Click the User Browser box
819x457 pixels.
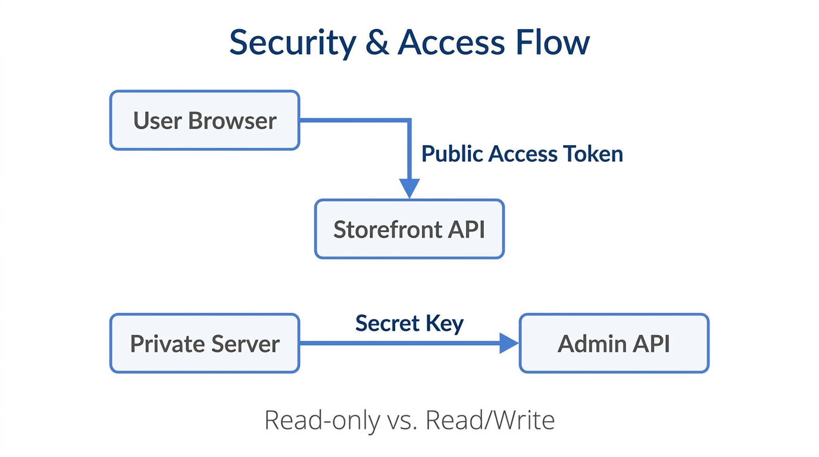[x=205, y=120]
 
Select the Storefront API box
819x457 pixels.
[x=409, y=229]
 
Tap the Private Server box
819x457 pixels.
[x=205, y=343]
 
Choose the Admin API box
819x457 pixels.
[x=614, y=343]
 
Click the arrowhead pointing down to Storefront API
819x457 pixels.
[x=409, y=187]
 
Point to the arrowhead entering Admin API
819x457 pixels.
[x=509, y=343]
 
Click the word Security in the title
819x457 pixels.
[x=292, y=43]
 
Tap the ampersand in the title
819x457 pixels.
[x=377, y=43]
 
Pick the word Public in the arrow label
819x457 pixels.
[x=452, y=154]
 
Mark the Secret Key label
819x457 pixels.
[x=409, y=323]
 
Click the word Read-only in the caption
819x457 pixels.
[x=321, y=420]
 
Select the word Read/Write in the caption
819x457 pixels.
[x=490, y=420]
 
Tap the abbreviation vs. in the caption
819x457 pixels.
[x=402, y=420]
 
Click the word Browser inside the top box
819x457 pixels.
[x=232, y=121]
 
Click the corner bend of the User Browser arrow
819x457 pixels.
[x=409, y=121]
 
